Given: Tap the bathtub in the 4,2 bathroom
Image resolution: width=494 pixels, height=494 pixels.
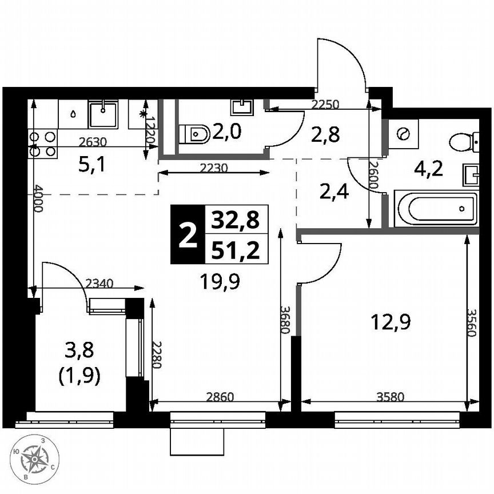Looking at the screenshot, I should click(436, 209).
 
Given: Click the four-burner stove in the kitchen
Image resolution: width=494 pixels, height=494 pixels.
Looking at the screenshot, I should click(43, 144).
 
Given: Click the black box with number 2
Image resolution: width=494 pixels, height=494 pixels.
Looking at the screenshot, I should click(187, 235).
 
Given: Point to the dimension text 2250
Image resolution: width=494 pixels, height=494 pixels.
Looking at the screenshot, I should click(325, 105).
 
